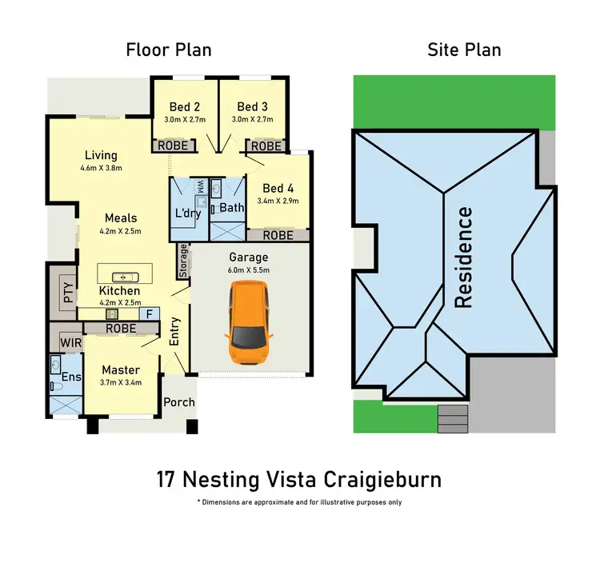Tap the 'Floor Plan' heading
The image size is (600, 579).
point(169,50)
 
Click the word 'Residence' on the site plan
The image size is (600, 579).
point(464,258)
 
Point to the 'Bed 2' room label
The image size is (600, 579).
point(184,106)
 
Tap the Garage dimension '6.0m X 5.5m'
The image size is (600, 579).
point(248,271)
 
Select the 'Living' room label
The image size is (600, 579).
point(99,155)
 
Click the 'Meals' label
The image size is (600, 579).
point(121,218)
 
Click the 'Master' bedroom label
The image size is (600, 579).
point(121,370)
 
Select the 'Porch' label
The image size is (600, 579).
point(179,401)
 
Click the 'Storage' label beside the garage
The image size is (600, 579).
point(183,260)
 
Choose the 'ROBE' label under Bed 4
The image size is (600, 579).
point(278,235)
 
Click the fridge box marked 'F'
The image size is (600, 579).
point(148,313)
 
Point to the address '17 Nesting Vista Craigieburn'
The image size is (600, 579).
point(299,480)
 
